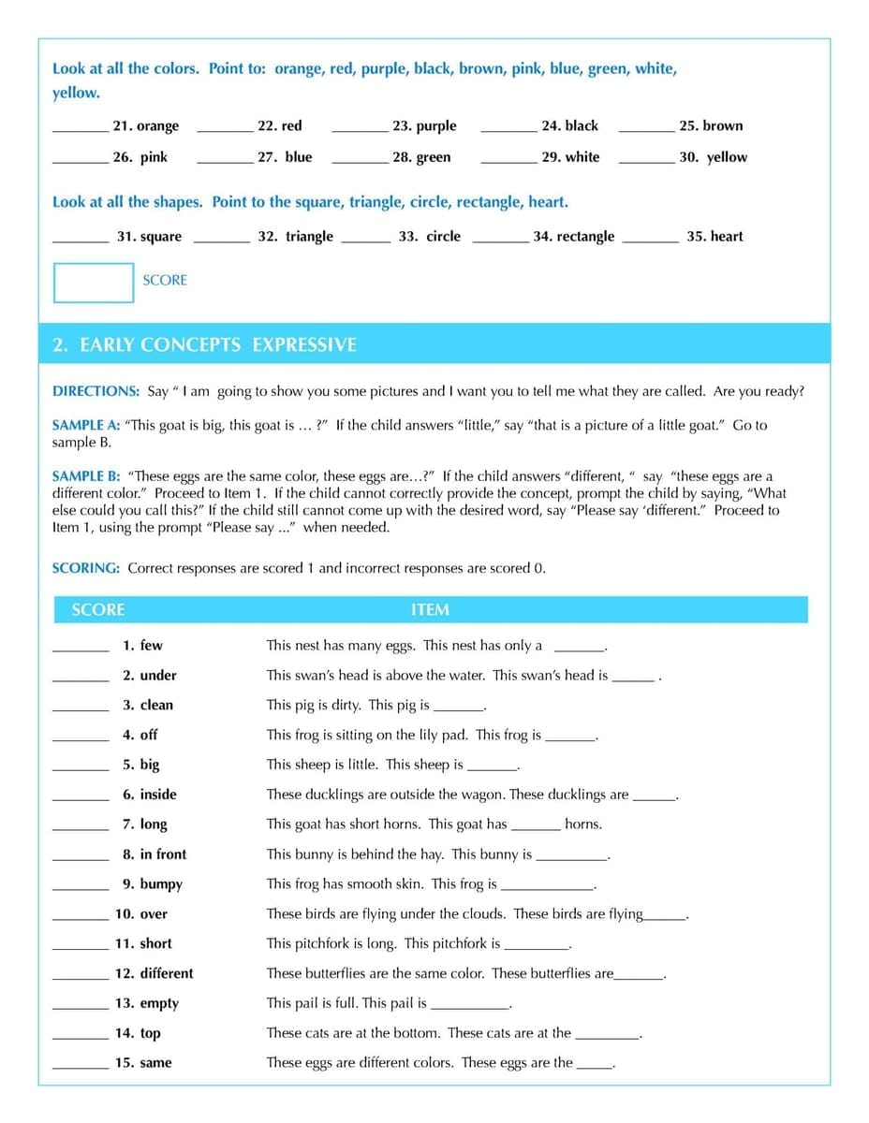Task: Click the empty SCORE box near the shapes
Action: click(94, 283)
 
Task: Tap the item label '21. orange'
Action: click(145, 126)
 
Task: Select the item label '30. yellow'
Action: click(713, 157)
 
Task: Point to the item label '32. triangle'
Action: click(295, 237)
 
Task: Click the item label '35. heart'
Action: click(714, 237)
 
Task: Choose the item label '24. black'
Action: click(569, 126)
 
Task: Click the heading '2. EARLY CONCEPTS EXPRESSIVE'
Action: click(204, 344)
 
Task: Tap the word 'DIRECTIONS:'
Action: click(96, 391)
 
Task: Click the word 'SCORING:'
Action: click(86, 568)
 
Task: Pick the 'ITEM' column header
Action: click(430, 610)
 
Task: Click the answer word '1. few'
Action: click(142, 646)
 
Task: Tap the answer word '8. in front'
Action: click(155, 854)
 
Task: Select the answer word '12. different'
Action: click(154, 973)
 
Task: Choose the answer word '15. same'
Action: click(143, 1063)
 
